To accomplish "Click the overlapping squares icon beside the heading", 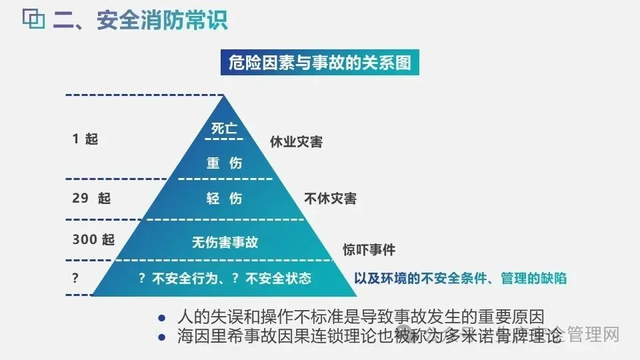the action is coord(33,19).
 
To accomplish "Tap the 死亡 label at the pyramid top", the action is coord(224,129).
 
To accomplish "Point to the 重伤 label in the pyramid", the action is coord(224,163).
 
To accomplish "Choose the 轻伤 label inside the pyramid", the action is coord(224,199).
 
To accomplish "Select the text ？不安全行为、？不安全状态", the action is coord(225,279).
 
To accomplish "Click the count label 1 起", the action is coord(85,139).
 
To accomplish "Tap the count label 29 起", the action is coord(91,199).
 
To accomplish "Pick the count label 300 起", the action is coord(93,240).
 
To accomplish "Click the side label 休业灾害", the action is coord(296,141).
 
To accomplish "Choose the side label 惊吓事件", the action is coord(369,250).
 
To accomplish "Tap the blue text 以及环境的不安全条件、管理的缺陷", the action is coord(460,279).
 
